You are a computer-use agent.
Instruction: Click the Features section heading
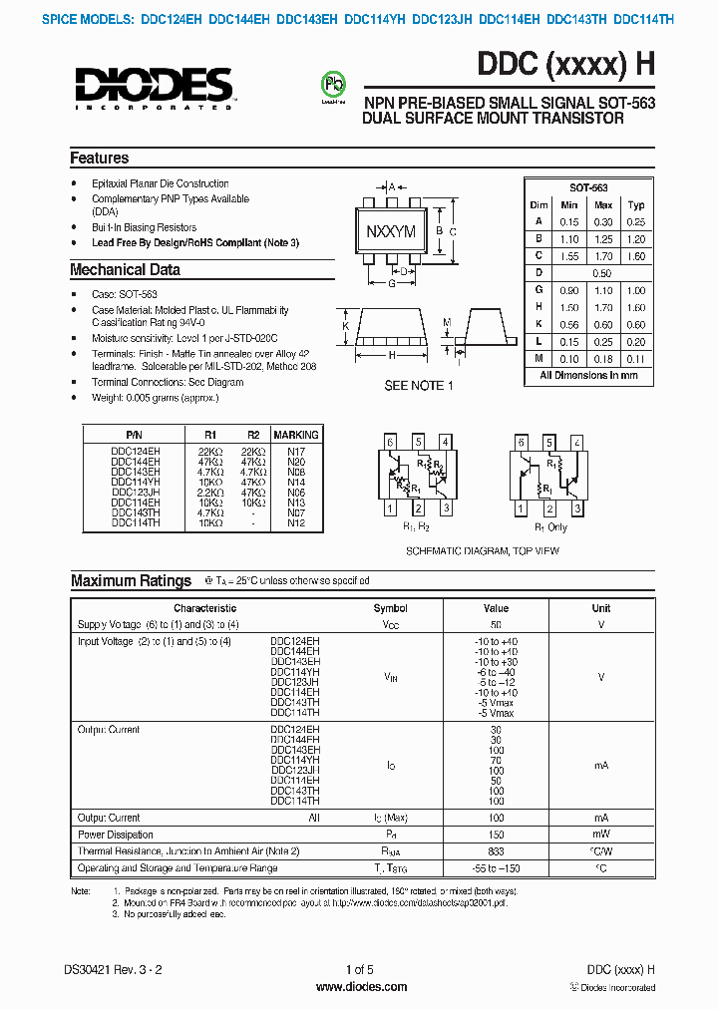99,158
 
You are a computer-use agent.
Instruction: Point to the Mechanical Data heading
125,269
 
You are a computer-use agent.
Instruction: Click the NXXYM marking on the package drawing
391,232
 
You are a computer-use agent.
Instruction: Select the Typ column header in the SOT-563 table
636,204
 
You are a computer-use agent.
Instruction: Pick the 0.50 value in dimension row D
601,272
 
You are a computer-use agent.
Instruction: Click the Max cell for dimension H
603,308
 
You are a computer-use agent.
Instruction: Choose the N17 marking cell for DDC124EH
296,452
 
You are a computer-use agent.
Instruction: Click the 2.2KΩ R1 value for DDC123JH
209,493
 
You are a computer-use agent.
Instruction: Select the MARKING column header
296,435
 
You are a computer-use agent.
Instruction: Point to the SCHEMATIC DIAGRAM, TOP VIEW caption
482,550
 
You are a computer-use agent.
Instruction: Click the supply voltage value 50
496,624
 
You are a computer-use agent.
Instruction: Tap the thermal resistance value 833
496,851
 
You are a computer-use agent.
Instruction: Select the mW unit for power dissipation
600,835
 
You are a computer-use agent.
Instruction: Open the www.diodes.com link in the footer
361,987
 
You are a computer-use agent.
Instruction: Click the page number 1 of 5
359,969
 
